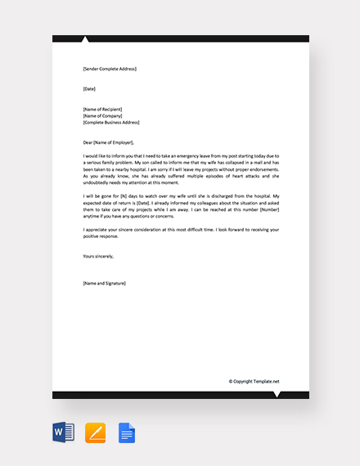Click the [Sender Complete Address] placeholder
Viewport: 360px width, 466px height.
[110, 69]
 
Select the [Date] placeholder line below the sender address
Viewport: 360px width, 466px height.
[89, 87]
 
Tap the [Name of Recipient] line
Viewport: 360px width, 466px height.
[103, 109]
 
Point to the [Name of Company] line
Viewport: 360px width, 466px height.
[102, 115]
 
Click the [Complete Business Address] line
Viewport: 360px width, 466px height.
[111, 123]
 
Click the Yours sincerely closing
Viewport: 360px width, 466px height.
[98, 256]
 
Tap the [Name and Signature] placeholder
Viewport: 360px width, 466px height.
[104, 283]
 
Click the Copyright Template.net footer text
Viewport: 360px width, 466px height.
[254, 381]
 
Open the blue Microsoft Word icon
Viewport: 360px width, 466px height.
[64, 432]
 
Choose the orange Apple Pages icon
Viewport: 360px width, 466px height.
[96, 432]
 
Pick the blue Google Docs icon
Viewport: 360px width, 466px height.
[126, 432]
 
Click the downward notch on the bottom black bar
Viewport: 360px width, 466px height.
[276, 395]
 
